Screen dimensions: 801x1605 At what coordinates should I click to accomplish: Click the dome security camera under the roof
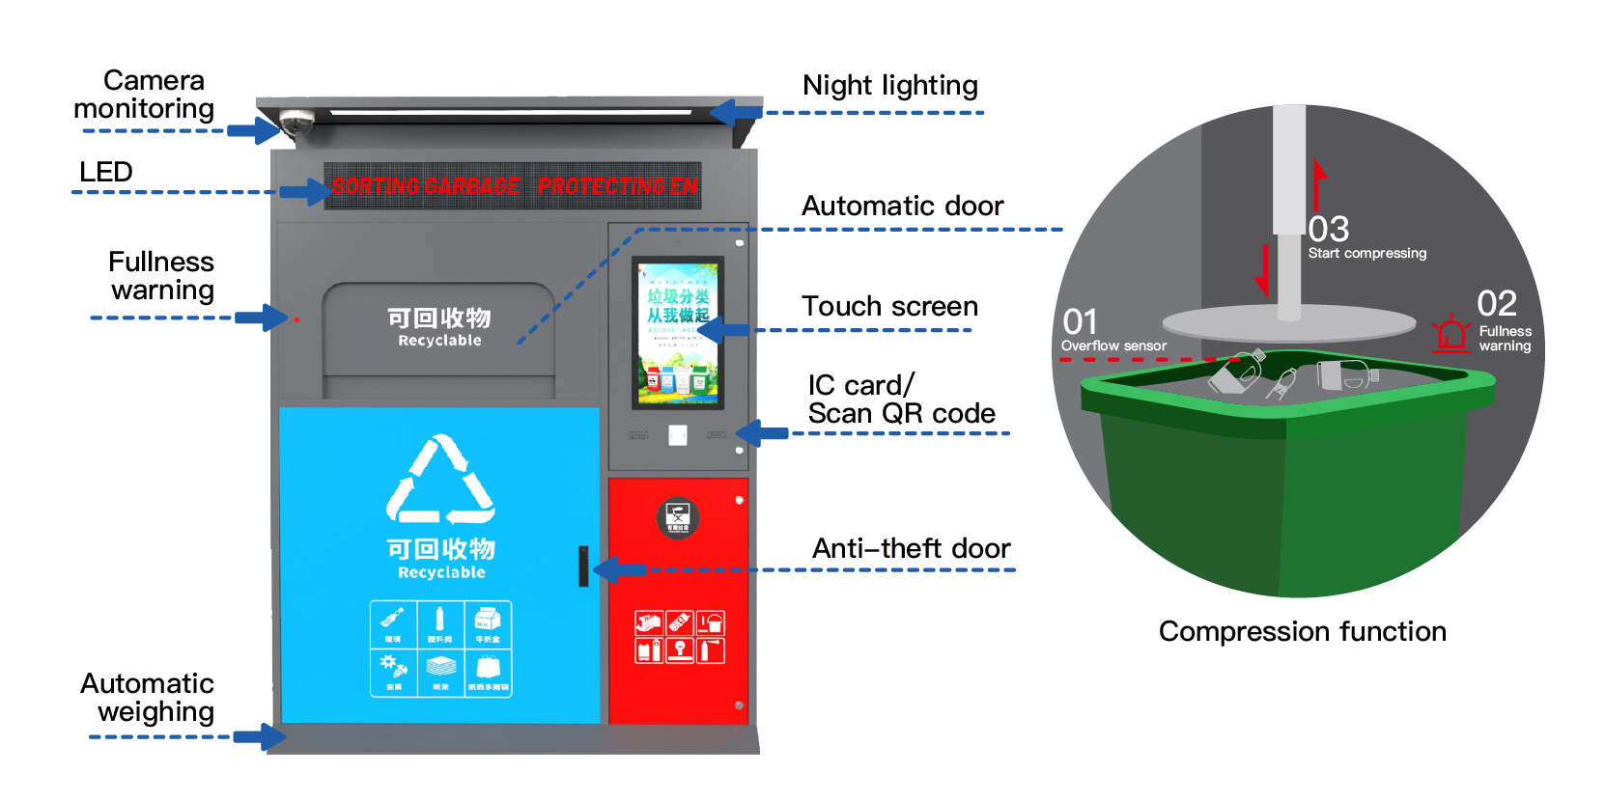coord(296,123)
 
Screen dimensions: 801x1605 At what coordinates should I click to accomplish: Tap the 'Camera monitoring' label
coord(145,95)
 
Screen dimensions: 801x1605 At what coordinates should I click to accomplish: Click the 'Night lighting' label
coord(889,86)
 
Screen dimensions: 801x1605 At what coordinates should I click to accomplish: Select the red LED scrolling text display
coord(513,186)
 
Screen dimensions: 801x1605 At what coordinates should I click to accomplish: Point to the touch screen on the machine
coord(678,331)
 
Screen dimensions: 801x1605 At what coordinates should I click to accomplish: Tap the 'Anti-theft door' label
coord(911,549)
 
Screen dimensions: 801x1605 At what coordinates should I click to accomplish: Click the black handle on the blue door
coord(583,566)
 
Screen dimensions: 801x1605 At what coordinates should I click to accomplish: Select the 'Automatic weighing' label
coord(149,698)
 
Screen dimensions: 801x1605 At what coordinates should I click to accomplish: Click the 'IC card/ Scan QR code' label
coord(901,400)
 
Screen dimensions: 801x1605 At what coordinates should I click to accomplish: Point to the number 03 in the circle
coord(1329,230)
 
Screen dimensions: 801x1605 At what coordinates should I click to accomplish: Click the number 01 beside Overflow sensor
coord(1080,321)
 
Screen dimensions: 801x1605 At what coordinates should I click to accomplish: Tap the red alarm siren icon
coord(1450,333)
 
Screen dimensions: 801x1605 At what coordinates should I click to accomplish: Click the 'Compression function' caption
coord(1302,631)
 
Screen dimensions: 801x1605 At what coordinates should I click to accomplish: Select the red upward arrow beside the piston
coord(1318,183)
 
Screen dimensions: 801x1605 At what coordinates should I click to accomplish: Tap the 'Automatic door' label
coord(902,207)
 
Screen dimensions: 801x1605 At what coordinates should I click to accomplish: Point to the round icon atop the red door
coord(678,517)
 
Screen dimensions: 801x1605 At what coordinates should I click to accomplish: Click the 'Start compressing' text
coord(1366,253)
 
